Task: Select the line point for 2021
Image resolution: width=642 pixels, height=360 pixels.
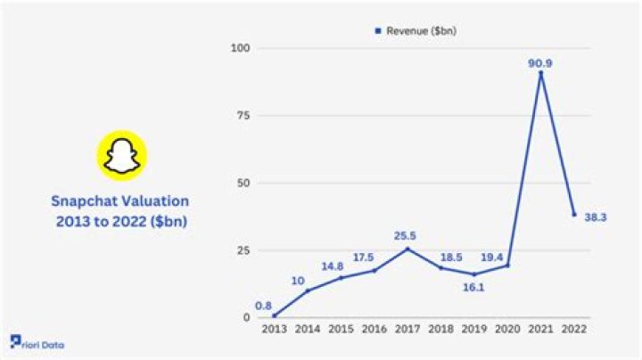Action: pos(540,72)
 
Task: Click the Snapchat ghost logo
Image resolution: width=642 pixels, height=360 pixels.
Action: pos(121,156)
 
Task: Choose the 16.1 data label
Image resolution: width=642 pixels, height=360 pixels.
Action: pos(473,288)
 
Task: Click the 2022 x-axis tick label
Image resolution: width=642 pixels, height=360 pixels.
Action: pos(573,330)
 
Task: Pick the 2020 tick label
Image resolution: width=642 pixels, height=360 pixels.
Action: pos(506,330)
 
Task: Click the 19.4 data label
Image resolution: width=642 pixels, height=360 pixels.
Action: pos(506,254)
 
